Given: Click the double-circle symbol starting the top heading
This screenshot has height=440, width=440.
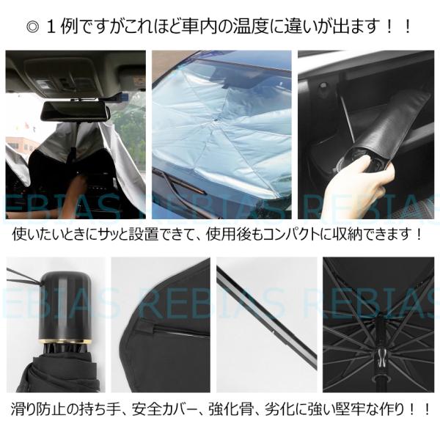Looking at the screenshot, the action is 33,27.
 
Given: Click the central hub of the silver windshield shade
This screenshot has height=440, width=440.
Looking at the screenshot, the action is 215,120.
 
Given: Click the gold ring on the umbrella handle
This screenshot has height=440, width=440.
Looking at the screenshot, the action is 65,342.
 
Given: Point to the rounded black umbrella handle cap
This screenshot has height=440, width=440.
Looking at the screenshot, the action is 66,305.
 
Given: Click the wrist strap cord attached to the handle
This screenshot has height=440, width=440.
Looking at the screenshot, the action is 24,276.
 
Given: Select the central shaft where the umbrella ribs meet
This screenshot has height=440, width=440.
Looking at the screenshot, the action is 379,351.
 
